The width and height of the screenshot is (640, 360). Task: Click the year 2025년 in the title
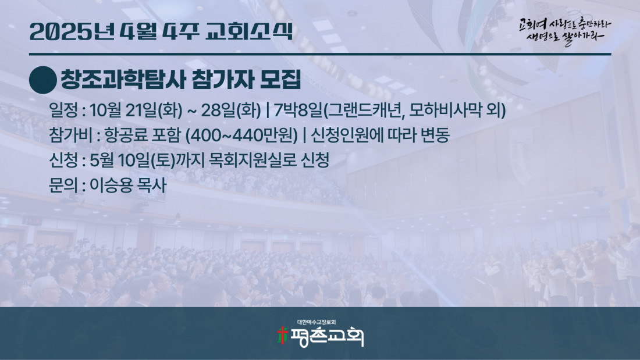coord(72,31)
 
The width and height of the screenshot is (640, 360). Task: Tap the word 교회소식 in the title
coord(250,31)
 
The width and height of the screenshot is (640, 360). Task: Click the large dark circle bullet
coord(43,80)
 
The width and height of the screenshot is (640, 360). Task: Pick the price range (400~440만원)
coord(241,135)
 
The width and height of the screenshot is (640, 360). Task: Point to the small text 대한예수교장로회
coord(317,322)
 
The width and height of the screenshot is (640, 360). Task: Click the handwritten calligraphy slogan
coord(565,31)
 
